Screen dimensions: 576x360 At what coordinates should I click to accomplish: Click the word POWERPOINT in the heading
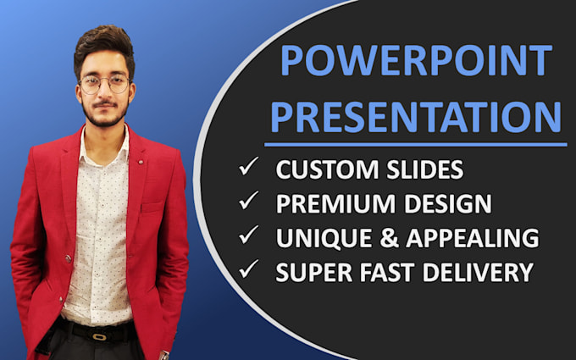[416, 60]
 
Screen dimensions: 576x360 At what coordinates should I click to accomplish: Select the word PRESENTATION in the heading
[416, 117]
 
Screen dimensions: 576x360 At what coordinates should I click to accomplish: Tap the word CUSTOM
[327, 169]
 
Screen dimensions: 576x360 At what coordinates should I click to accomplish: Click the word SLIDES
[425, 169]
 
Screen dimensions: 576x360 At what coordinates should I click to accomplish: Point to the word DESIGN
[448, 203]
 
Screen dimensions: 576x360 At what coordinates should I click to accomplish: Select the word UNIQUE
[324, 238]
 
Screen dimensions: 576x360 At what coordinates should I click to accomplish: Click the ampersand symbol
[390, 238]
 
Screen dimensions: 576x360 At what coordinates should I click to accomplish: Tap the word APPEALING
[473, 238]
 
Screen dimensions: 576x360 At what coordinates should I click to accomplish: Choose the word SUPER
[313, 272]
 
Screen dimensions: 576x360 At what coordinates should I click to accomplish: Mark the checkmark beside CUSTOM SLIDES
[248, 166]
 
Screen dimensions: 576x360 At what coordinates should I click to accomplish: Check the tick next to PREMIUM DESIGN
[248, 200]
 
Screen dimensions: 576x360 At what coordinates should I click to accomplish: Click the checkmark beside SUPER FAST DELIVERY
[248, 269]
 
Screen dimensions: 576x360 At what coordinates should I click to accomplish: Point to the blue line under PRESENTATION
[415, 145]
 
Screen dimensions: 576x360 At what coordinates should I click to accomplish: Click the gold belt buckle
[99, 336]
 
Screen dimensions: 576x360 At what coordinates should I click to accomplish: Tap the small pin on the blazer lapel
[140, 162]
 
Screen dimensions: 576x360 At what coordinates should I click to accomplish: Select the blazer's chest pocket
[152, 208]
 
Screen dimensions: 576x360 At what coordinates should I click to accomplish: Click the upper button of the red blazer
[69, 258]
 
